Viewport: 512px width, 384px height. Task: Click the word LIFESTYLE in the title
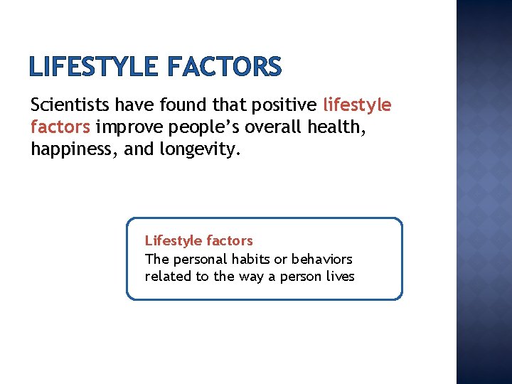(94, 68)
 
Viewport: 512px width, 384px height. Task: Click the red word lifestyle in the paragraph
(357, 106)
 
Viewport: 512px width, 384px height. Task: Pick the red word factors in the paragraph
(60, 128)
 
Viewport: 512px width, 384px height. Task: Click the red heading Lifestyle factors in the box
(198, 241)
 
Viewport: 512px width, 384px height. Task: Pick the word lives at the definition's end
(338, 277)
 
